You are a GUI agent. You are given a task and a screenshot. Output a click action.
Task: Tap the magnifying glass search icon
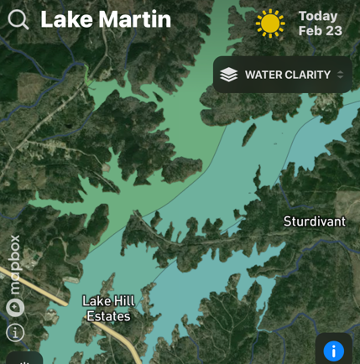coord(18,19)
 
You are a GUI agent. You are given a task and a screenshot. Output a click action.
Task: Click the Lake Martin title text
coord(105,19)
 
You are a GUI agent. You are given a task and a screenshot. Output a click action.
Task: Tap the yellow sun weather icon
coord(270,23)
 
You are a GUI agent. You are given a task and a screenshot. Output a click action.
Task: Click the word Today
coord(318,16)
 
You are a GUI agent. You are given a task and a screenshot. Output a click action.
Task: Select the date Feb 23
coord(320,31)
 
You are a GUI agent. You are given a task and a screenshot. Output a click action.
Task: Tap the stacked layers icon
coord(229,75)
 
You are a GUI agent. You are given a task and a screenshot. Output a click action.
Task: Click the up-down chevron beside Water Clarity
coord(340,75)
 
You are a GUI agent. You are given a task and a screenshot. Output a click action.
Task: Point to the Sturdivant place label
coord(314,221)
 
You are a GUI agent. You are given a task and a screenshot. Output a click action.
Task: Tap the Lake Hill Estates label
coord(108,309)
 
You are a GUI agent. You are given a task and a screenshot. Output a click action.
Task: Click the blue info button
coord(333,351)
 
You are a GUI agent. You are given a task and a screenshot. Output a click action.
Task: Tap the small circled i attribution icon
coord(14,332)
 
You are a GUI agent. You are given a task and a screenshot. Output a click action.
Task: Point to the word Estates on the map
coord(108,316)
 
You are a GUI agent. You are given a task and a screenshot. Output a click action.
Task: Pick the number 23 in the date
coord(333,31)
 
